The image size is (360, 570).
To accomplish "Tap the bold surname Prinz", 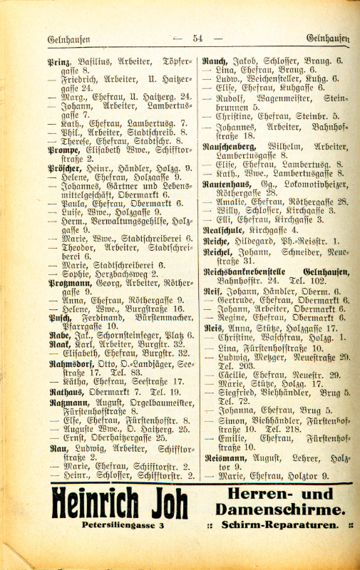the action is tap(58, 62).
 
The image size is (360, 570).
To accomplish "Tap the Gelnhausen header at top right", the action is tap(327, 38).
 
